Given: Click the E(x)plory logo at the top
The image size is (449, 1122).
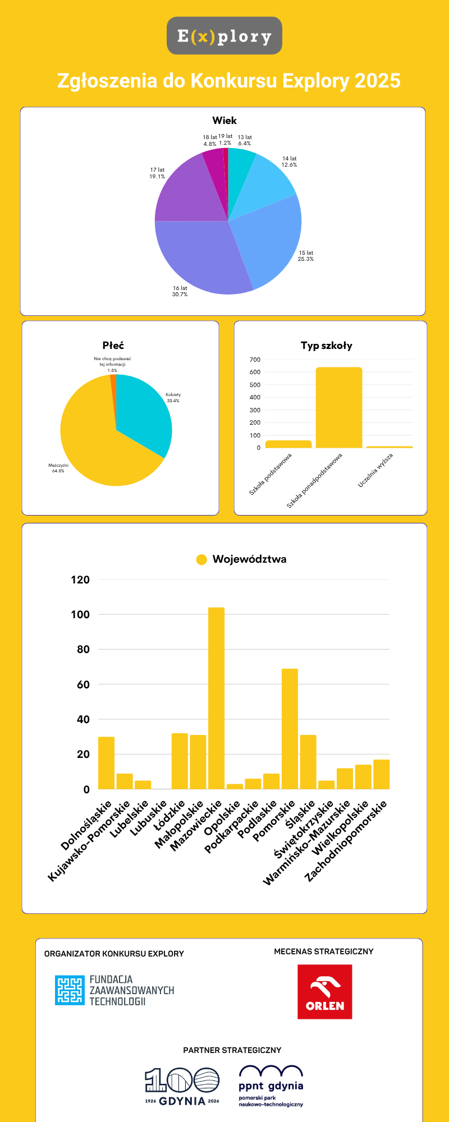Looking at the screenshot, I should [x=224, y=36].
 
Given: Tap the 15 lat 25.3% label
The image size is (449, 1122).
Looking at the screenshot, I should [x=306, y=256].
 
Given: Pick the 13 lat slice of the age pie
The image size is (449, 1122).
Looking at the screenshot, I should [x=240, y=168].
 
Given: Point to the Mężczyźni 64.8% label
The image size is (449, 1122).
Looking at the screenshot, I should [x=58, y=468].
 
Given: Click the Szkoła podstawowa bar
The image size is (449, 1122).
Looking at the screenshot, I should [x=288, y=444].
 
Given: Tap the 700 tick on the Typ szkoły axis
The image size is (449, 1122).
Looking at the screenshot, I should [x=255, y=360].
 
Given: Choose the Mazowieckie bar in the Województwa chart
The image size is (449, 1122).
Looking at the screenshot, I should [x=216, y=698].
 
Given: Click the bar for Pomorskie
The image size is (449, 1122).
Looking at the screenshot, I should [x=290, y=729].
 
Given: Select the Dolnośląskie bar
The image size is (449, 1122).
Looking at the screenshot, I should [x=106, y=763].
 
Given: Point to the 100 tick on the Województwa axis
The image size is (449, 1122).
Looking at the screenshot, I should [x=80, y=614].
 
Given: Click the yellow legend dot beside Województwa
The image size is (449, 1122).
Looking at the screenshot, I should [x=201, y=559].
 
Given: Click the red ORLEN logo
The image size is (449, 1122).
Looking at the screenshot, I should [x=324, y=992].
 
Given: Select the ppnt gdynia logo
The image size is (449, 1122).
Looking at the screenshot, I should [x=271, y=1086].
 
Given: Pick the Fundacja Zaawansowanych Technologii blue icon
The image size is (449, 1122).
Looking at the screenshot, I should [x=69, y=990].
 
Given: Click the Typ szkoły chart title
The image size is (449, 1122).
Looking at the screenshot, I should [x=327, y=346].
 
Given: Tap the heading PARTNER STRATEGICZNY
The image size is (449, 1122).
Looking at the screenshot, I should [x=232, y=1050].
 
